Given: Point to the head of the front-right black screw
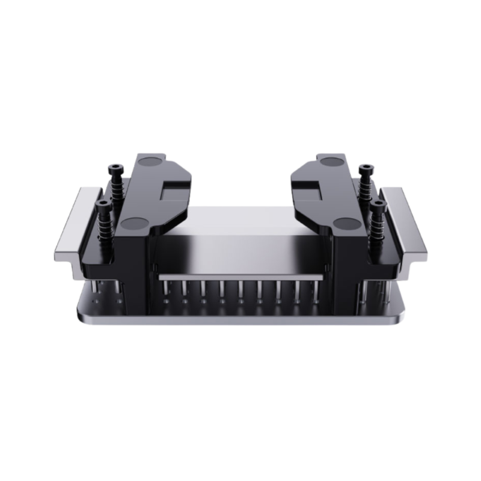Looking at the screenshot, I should [x=377, y=205].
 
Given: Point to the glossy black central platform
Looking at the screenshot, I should [x=240, y=253].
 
